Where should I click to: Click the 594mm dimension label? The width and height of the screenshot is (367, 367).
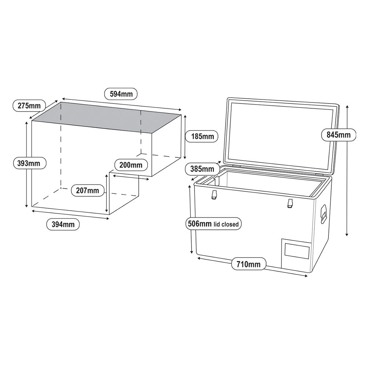pos(121,94)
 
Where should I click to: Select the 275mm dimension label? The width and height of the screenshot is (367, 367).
pos(29,106)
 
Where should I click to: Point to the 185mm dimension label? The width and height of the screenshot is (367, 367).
pos(202,137)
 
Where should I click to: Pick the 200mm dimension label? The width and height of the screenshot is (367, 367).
pos(131,165)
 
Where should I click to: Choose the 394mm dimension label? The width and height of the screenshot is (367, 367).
pos(63,224)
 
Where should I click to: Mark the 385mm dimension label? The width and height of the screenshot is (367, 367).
pos(202,169)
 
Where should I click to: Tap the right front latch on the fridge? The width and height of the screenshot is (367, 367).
pos(290,203)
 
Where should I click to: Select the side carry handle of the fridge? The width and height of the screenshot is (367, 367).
pos(323,214)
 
